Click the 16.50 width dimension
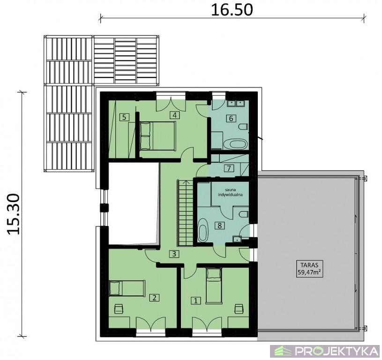click(x=232, y=10)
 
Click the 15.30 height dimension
click(x=14, y=214)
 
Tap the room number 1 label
click(x=195, y=300)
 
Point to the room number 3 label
click(x=174, y=254)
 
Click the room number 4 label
click(x=174, y=115)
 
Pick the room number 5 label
click(x=124, y=117)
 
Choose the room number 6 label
click(x=231, y=119)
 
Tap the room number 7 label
click(x=229, y=168)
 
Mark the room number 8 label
click(x=219, y=225)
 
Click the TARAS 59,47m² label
click(x=308, y=268)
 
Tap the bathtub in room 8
click(x=202, y=230)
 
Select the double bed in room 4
click(x=157, y=135)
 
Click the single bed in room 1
click(x=214, y=285)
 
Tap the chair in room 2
click(x=119, y=308)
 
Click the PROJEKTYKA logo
click(x=326, y=351)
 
